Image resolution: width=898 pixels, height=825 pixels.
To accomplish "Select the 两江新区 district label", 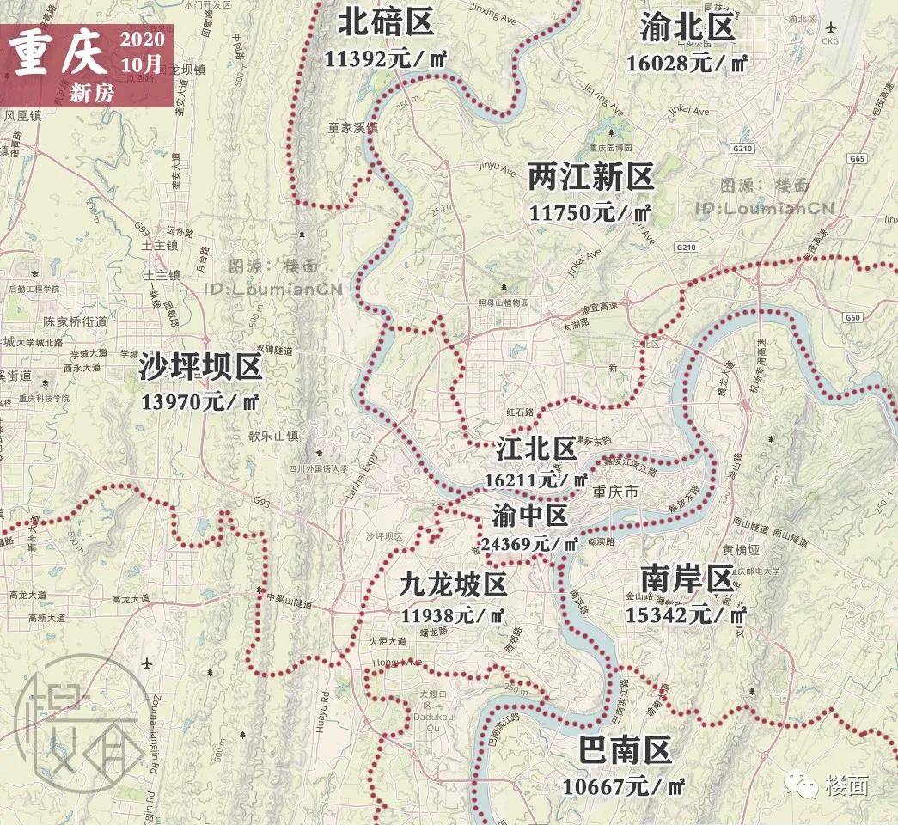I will (591, 177).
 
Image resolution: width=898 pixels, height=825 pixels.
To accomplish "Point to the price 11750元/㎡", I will (590, 212).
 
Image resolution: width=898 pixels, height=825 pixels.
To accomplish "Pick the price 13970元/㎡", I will (200, 401).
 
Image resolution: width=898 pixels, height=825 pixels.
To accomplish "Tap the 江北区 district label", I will (536, 449).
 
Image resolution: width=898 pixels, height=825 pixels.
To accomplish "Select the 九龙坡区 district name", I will (453, 584).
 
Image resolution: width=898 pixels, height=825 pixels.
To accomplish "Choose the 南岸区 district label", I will (685, 578).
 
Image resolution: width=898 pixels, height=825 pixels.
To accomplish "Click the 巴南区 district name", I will (625, 751).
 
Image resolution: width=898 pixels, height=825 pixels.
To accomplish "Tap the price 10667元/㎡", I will (624, 785).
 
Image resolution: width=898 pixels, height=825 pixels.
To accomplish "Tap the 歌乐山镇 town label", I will (272, 436).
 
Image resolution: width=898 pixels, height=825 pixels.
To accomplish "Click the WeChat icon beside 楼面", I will (804, 784).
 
